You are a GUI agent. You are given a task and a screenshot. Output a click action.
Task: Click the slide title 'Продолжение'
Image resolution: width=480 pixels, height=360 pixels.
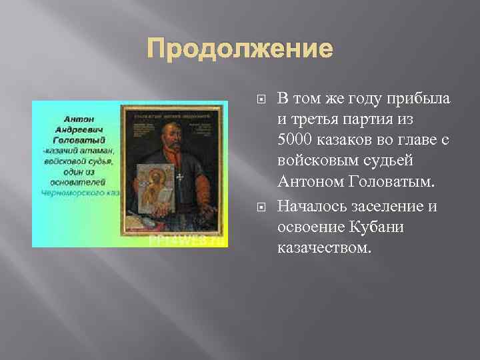(239, 49)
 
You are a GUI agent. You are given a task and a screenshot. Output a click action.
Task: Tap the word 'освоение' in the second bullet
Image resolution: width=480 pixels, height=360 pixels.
(311, 227)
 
